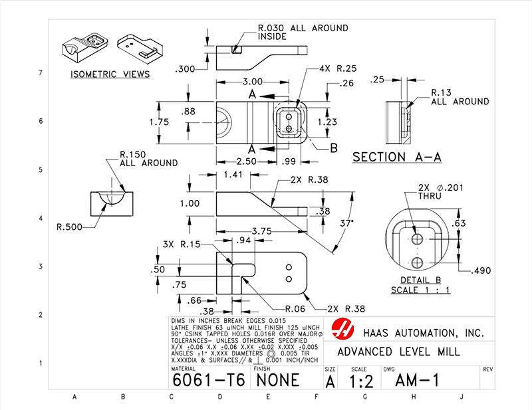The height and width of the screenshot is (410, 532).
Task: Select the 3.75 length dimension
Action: (x=243, y=231)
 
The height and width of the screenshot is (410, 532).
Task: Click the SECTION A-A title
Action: (x=397, y=157)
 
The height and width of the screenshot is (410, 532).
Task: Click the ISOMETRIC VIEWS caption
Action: (x=110, y=74)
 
